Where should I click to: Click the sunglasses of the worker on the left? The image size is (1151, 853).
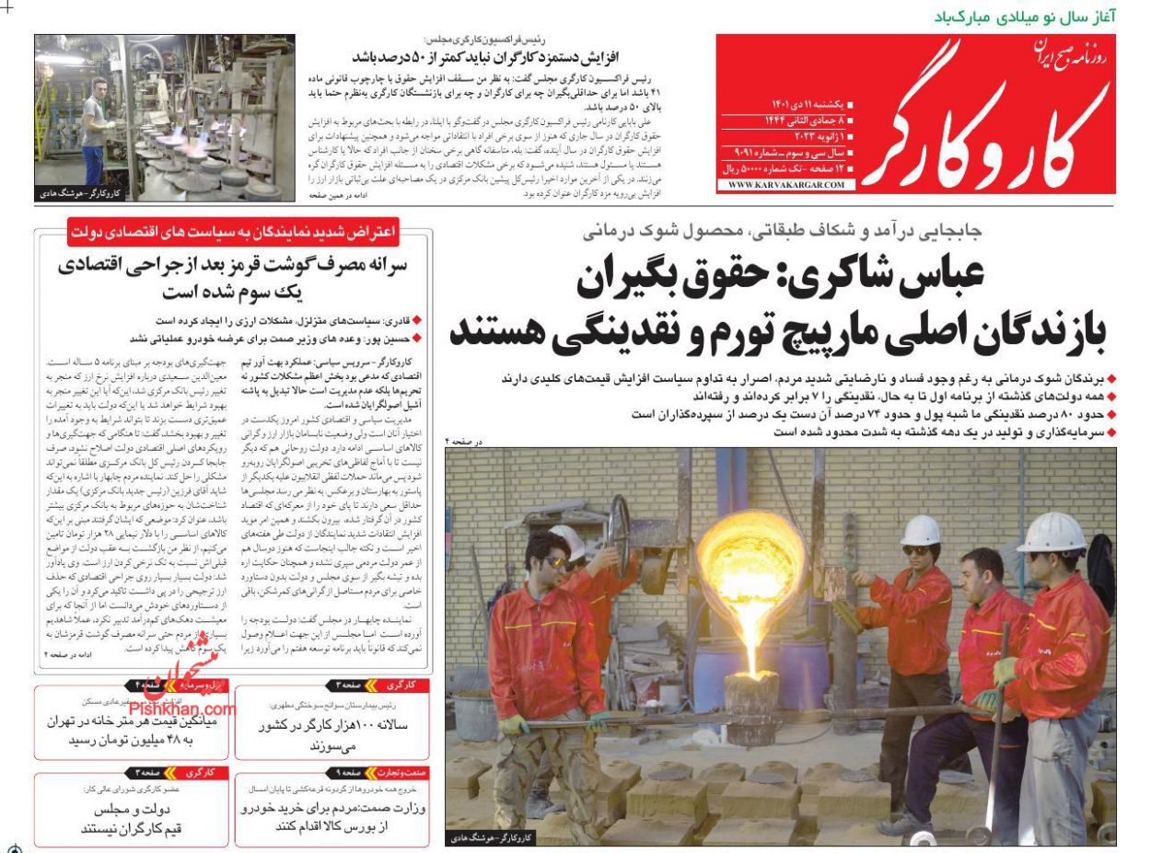556,560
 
